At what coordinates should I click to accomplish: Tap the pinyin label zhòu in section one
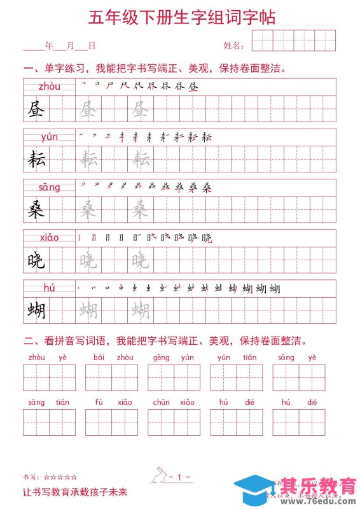49,86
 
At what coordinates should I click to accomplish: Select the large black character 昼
36,111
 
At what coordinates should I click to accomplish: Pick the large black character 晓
36,260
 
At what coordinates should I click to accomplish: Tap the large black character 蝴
36,310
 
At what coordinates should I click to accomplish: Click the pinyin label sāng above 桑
49,187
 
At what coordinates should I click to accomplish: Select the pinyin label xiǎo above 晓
49,237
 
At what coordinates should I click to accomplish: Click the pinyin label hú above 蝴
49,288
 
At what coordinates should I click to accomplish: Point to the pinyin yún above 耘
49,137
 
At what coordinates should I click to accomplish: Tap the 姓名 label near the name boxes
233,46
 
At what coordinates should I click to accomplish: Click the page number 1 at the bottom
180,477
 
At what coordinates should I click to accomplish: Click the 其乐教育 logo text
319,485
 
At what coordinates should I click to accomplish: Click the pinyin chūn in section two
161,402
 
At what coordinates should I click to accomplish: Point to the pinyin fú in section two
99,402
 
